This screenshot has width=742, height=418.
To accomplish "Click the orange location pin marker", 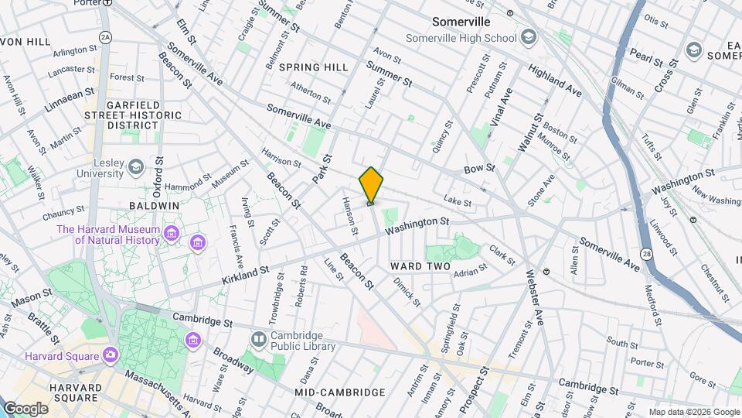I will (371, 185).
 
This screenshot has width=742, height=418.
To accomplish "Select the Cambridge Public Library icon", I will (258, 340).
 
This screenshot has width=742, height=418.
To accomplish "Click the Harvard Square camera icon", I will (111, 355).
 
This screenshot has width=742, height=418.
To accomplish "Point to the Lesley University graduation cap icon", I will (136, 167).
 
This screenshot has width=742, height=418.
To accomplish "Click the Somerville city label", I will (461, 22).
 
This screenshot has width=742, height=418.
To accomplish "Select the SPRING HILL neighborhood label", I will (314, 67).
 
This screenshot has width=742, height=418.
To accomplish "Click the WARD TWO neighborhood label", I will (420, 266).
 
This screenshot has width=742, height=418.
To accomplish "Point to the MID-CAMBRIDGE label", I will (340, 392).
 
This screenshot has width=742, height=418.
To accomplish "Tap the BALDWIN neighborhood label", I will (155, 206).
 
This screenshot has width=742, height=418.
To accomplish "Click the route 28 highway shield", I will (646, 254).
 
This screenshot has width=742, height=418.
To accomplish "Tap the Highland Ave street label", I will (555, 80).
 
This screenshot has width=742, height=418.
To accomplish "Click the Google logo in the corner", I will (26, 408).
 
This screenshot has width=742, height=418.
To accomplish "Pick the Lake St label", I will (458, 203).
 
